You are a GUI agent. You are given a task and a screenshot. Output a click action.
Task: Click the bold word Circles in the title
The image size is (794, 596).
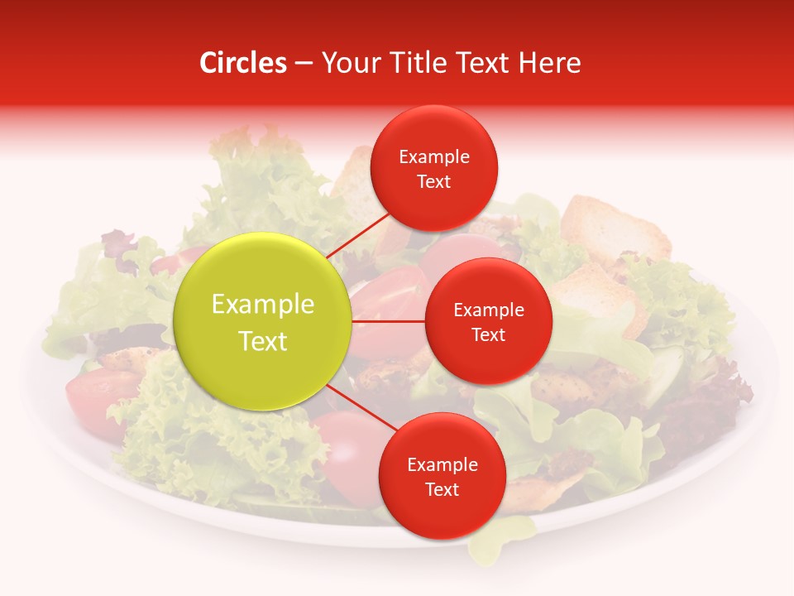click(x=242, y=63)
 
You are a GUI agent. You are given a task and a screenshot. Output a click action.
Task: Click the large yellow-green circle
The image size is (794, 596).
click(x=263, y=322)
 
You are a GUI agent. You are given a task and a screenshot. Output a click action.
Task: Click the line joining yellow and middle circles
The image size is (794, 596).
click(x=389, y=321)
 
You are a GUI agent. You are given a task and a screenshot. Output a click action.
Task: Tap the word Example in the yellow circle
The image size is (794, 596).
click(x=263, y=305)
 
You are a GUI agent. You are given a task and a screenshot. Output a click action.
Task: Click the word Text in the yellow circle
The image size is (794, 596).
click(x=263, y=341)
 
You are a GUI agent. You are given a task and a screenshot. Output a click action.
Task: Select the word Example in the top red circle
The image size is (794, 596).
click(x=434, y=156)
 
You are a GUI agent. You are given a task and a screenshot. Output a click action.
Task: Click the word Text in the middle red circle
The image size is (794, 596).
click(x=489, y=335)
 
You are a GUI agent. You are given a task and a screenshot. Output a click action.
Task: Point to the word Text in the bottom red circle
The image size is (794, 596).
click(x=442, y=489)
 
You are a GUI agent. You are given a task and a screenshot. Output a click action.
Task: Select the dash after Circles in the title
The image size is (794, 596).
click(x=304, y=64)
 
